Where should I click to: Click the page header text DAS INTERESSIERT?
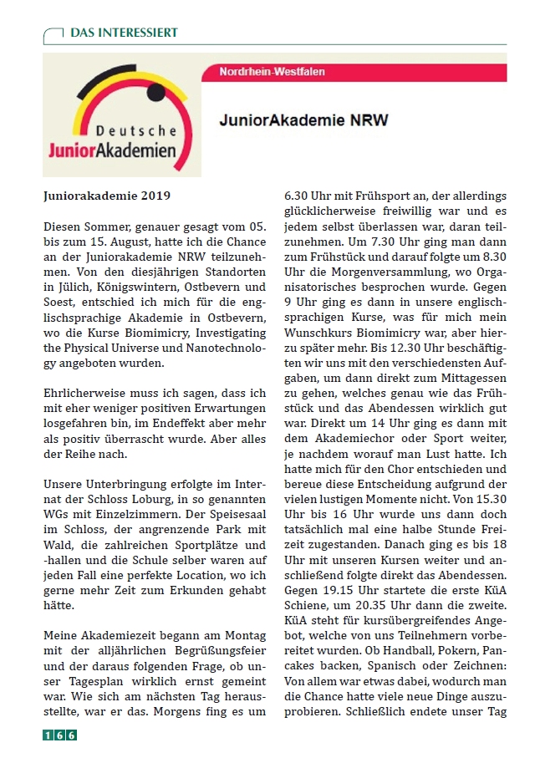coord(124,33)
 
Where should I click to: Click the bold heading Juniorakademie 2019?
coord(107,197)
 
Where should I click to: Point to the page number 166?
coord(60,735)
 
